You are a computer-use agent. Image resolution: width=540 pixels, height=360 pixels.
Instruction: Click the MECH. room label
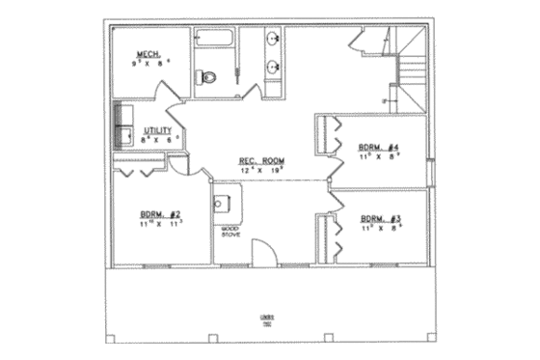[x=147, y=54]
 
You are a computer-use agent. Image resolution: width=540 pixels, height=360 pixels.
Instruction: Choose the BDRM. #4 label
[x=379, y=148]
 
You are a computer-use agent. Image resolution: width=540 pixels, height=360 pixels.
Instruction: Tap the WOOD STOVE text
[x=230, y=231]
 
